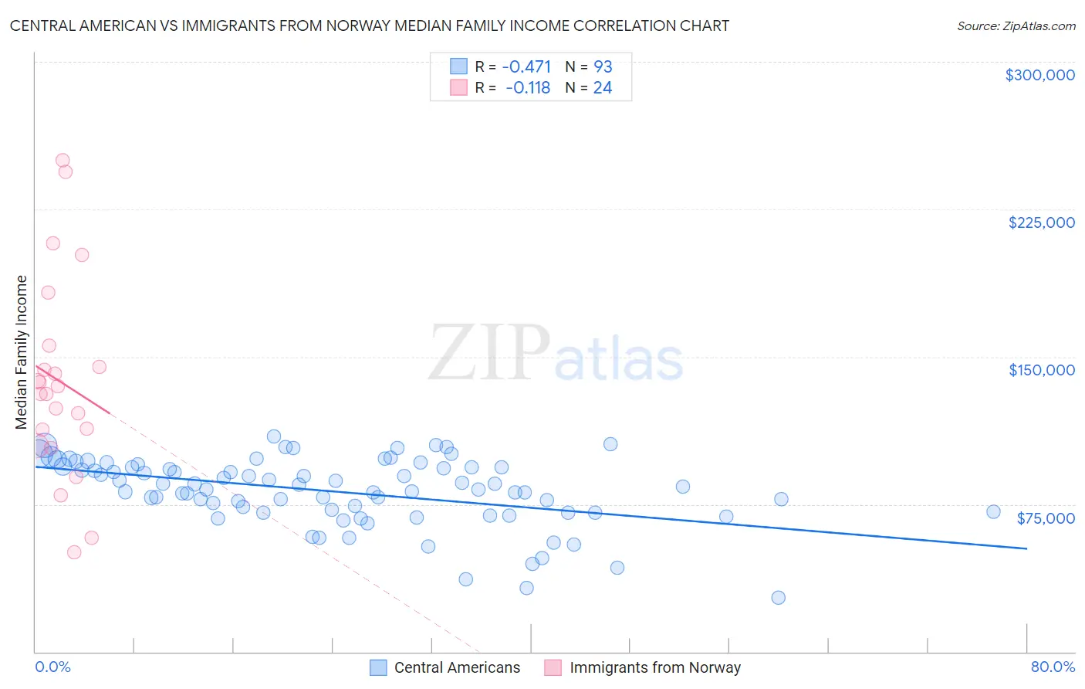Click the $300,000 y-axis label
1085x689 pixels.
1039,75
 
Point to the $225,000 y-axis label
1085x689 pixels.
1041,222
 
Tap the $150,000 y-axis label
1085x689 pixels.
1041,370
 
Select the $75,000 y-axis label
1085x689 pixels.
1045,518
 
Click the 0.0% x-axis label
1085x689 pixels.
52,667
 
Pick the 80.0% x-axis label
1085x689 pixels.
1053,667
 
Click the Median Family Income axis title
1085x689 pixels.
22,351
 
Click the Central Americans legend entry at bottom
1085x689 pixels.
457,667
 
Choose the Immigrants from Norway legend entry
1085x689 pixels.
654,667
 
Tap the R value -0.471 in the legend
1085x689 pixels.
526,67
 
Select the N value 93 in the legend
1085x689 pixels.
603,67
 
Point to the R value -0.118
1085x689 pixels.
528,88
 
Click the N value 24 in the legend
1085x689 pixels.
603,88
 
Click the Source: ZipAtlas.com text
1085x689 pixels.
1016,26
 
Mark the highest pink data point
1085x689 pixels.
63,161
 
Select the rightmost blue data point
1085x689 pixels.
993,511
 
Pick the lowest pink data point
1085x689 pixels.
74,552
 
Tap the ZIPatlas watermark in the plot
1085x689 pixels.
556,354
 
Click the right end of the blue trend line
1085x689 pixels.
1026,548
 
